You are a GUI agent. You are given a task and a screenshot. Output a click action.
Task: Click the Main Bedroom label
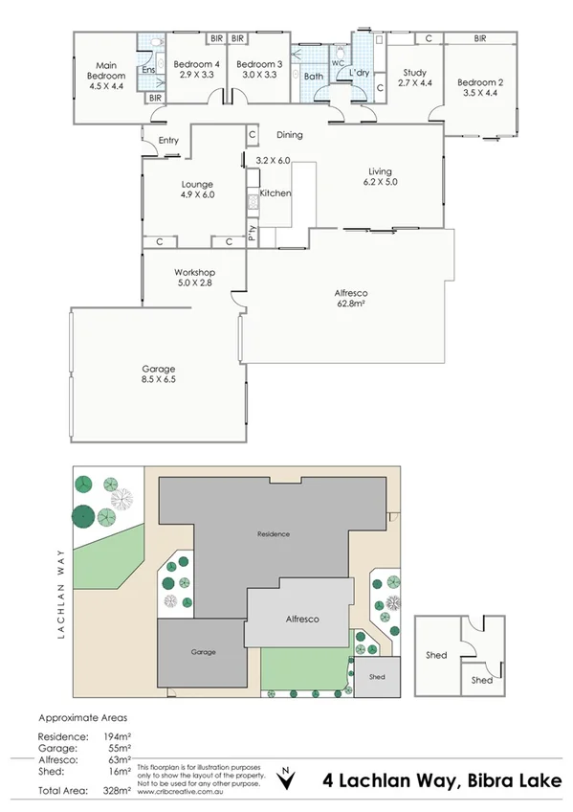pos(106,70)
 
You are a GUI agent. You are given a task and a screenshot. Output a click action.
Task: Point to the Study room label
pos(414,72)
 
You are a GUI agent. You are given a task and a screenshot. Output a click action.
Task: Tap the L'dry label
pos(360,73)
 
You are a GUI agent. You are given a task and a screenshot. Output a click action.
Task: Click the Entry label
pos(168,141)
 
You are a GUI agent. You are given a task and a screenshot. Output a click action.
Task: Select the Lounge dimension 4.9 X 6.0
pos(197,194)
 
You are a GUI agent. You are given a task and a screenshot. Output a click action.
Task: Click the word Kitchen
pos(275,193)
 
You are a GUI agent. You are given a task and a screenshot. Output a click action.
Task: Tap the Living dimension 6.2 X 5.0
pos(381,183)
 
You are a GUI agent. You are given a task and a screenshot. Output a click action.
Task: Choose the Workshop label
pos(194,272)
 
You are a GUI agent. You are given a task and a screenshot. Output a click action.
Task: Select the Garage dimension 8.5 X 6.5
pos(159,379)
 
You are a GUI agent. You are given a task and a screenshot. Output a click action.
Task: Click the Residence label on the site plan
pos(273,533)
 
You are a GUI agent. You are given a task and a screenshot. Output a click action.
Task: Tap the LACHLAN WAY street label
pos(60,594)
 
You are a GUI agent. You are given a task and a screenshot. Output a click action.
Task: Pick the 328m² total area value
pos(118,791)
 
